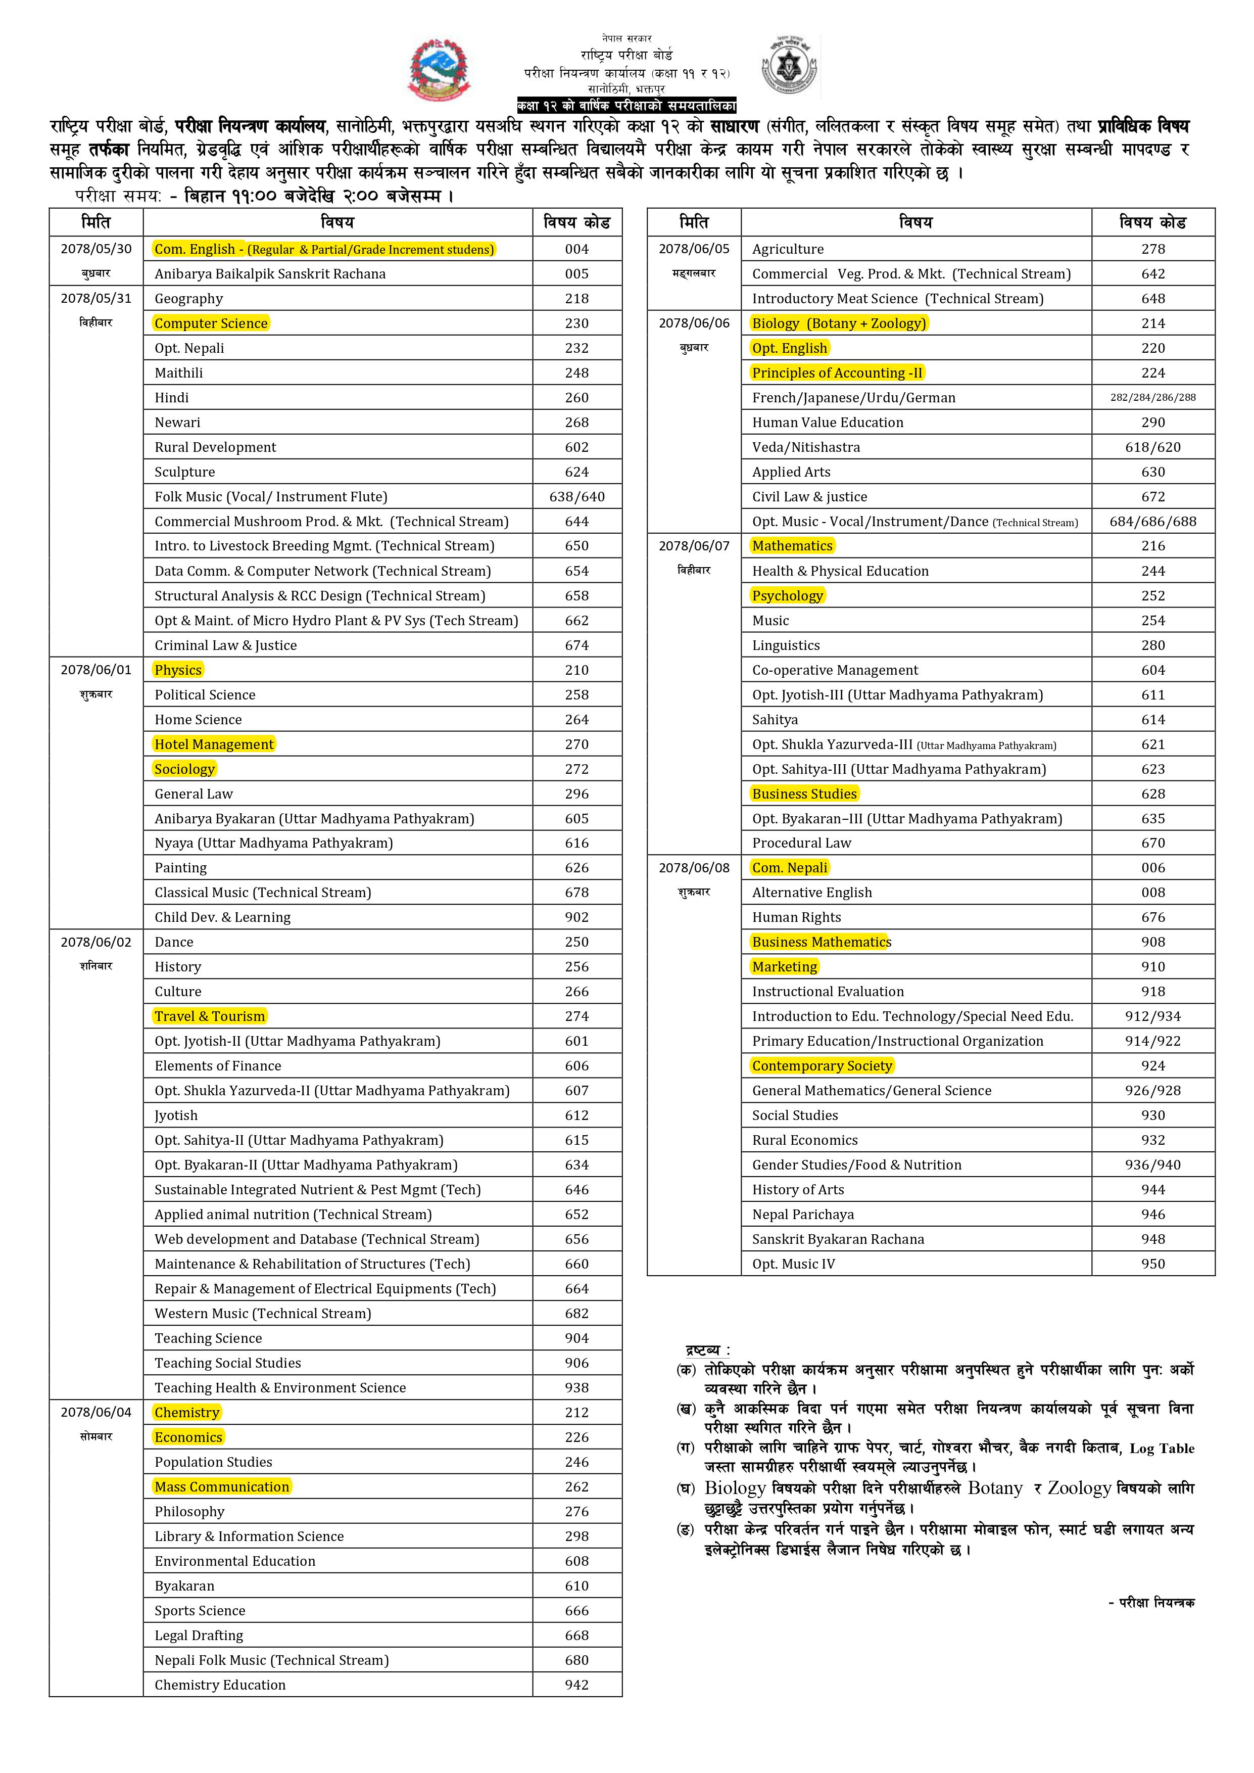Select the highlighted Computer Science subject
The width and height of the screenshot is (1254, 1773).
[x=211, y=323]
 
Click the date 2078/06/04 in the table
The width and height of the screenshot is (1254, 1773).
[x=96, y=1412]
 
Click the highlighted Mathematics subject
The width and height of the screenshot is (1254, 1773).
[x=792, y=546]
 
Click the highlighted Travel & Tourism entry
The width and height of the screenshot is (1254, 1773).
[x=209, y=1016]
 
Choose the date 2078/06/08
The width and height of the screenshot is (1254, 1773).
[x=693, y=868]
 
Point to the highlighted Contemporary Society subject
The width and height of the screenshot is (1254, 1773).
[x=822, y=1065]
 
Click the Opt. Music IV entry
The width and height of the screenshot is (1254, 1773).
[x=793, y=1264]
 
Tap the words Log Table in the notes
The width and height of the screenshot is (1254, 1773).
[x=1162, y=1449]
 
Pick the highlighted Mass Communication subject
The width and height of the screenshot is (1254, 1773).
[x=222, y=1486]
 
